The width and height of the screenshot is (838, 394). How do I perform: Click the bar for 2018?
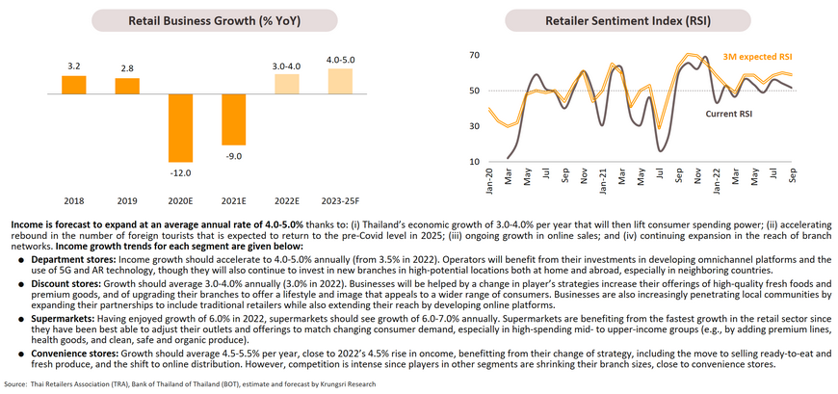click(73, 86)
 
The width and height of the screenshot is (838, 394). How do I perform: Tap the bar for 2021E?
click(234, 120)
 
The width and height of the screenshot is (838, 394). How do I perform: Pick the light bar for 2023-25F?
click(340, 82)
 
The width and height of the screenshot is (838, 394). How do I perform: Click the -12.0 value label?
click(180, 172)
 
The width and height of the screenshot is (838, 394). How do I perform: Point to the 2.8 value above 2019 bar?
click(127, 68)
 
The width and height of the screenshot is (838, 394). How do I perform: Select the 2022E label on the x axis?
click(287, 201)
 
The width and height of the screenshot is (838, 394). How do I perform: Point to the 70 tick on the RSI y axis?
click(474, 55)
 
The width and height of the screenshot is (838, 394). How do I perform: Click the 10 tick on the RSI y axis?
click(474, 161)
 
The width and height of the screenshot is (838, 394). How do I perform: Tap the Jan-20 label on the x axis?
click(491, 177)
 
